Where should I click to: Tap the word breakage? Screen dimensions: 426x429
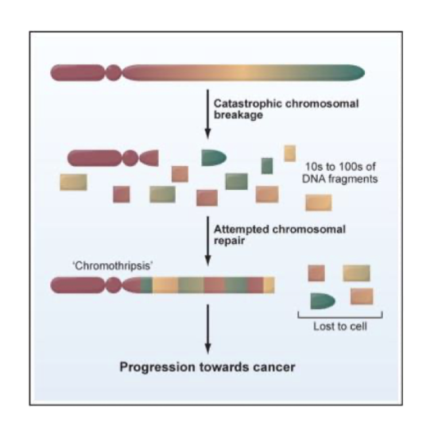[x=238, y=115]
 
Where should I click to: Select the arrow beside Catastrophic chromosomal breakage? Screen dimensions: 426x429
[x=207, y=114]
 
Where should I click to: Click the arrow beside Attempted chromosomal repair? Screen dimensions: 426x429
[x=207, y=241]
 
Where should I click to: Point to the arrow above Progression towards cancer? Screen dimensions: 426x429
[x=207, y=329]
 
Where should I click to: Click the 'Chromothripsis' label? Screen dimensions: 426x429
[x=113, y=265]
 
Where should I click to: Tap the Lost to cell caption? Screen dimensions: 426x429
[x=340, y=327]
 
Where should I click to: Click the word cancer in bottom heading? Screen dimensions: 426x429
[x=274, y=367]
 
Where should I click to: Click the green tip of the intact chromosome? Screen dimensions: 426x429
[x=353, y=73]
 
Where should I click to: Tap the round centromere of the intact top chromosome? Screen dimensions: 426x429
[x=114, y=73]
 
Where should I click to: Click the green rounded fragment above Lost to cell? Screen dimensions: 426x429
[x=323, y=301]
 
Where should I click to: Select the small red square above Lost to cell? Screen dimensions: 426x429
[x=316, y=272]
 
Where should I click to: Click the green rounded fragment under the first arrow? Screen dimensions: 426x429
[x=214, y=157]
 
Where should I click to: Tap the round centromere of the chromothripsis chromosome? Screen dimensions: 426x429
[x=113, y=285]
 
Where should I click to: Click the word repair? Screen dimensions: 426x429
[x=229, y=241]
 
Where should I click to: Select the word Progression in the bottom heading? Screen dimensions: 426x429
[x=157, y=367]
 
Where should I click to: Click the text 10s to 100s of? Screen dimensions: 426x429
[x=340, y=167]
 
